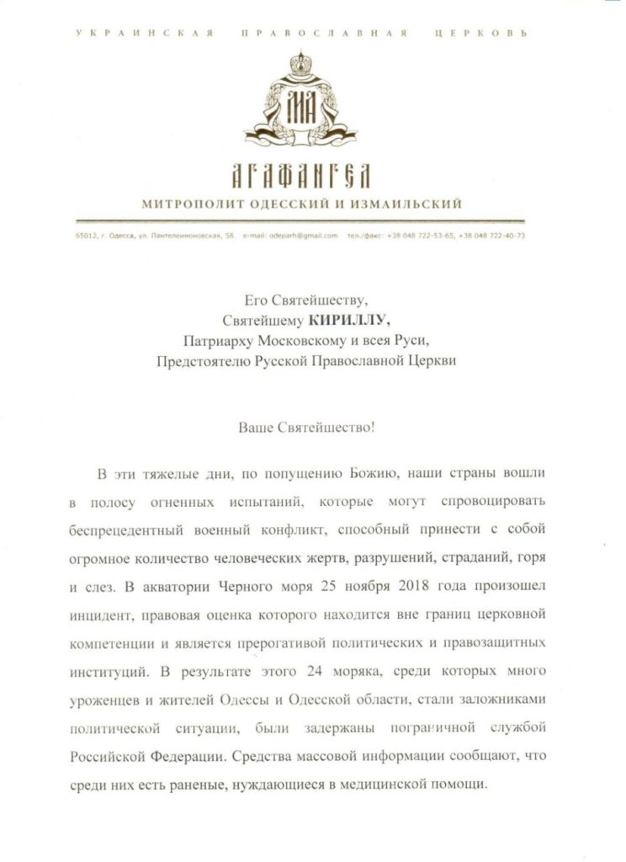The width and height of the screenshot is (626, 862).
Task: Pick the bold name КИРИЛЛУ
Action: tap(337, 320)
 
